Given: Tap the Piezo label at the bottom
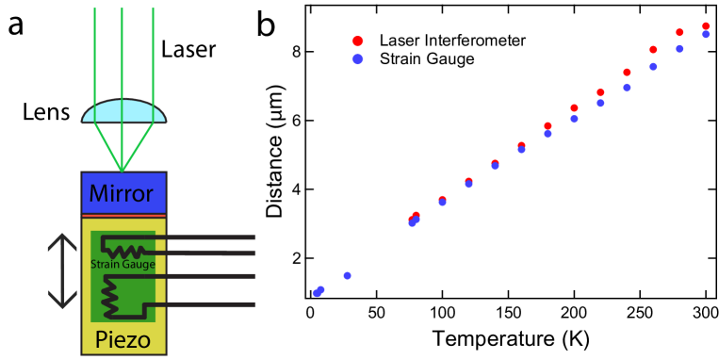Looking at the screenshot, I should click(123, 339).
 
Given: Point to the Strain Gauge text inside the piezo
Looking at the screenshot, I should click(123, 265).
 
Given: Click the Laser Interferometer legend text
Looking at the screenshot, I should click(451, 41).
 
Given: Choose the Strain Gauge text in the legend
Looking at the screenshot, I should click(427, 59).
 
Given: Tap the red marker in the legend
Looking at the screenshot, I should click(357, 41).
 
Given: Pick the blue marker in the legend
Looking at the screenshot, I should click(357, 59).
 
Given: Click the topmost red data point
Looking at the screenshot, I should click(705, 26).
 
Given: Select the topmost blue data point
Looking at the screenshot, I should click(705, 34).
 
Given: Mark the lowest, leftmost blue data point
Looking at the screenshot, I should click(317, 292).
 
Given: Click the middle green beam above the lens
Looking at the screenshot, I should click(123, 47).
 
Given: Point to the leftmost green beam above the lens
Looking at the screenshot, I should click(94, 47).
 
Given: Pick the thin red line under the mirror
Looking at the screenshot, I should click(123, 216).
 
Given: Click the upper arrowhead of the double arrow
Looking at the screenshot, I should click(62, 239).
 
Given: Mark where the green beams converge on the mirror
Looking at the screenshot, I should click(123, 172).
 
